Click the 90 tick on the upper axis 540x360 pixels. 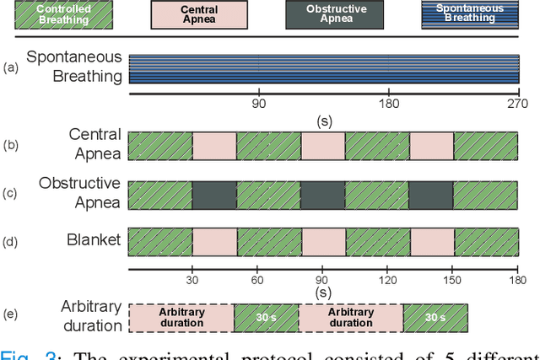(x=259, y=104)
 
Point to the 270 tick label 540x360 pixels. (x=517, y=104)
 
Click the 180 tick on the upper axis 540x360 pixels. (x=388, y=104)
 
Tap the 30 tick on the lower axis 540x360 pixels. (x=193, y=279)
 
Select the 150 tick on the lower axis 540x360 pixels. (x=452, y=279)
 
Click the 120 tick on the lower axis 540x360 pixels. (x=388, y=279)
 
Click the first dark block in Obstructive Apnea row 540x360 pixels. (x=214, y=195)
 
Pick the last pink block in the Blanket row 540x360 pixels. (x=431, y=240)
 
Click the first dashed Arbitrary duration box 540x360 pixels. (x=181, y=316)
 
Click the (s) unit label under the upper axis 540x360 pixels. (x=323, y=121)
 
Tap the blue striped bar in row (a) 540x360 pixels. (x=323, y=68)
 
